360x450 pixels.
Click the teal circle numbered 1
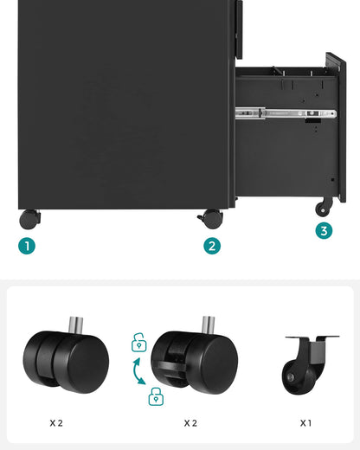28,246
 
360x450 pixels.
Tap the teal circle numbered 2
212,246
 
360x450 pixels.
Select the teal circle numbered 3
324,230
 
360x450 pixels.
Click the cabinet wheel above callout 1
29,219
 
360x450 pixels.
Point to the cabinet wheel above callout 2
211,219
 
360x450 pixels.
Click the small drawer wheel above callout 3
324,207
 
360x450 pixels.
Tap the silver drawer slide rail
286,112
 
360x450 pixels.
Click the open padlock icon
138,344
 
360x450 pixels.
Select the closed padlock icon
156,397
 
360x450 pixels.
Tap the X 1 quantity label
306,423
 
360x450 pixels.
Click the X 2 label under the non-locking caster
55,423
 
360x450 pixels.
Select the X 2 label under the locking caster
190,423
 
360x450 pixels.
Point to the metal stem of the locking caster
208,326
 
